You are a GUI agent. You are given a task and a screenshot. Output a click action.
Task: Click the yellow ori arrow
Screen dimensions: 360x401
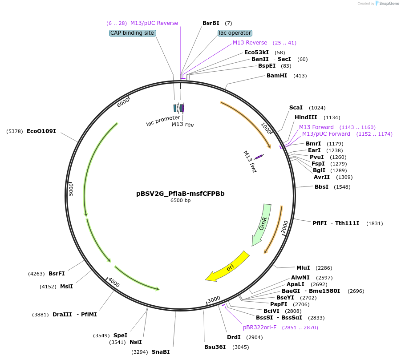click(x=227, y=267)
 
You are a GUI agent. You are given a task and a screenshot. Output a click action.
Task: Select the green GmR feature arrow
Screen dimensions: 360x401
click(x=262, y=225)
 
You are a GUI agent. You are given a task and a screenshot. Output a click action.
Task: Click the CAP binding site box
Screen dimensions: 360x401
click(x=132, y=33)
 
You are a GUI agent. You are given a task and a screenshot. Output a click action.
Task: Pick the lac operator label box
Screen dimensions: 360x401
click(x=235, y=33)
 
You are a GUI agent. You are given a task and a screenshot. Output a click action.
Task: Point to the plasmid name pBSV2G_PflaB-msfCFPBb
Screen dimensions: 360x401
click(x=180, y=194)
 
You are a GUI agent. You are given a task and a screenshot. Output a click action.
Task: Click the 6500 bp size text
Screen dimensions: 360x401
click(x=180, y=201)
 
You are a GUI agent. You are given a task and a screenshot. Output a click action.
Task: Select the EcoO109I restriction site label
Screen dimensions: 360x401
click(x=41, y=131)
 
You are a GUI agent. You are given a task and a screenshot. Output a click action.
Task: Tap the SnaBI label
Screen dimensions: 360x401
click(x=161, y=352)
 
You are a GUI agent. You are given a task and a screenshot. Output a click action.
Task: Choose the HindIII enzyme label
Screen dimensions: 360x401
click(x=306, y=117)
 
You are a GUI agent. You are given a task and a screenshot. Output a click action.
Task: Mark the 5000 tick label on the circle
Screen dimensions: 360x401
click(x=71, y=189)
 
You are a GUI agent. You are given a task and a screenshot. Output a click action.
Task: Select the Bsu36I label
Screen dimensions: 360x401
click(x=215, y=347)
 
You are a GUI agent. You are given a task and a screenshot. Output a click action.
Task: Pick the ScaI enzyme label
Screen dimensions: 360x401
click(x=296, y=108)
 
